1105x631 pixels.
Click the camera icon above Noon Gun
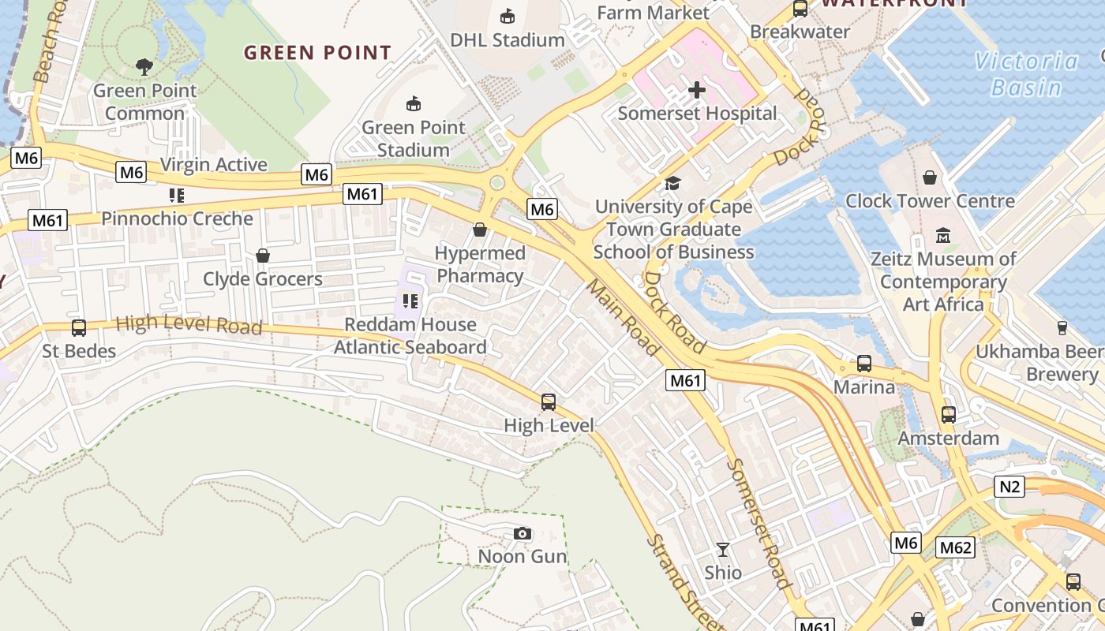pyautogui.click(x=522, y=534)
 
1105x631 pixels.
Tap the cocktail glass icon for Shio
pyautogui.click(x=723, y=550)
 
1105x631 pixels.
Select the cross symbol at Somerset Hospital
pyautogui.click(x=696, y=90)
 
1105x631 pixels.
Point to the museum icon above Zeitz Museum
pyautogui.click(x=943, y=236)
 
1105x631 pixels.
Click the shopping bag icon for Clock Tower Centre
pyautogui.click(x=930, y=177)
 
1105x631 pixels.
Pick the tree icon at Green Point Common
pyautogui.click(x=144, y=67)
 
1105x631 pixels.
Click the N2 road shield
pyautogui.click(x=1009, y=487)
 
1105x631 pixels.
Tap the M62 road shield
pyautogui.click(x=956, y=547)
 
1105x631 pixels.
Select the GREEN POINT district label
pyautogui.click(x=317, y=53)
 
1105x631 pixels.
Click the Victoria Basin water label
pyautogui.click(x=1026, y=73)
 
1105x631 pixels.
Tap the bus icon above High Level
pyautogui.click(x=549, y=402)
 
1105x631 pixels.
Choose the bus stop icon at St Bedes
pyautogui.click(x=79, y=328)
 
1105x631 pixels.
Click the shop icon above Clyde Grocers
pyautogui.click(x=263, y=256)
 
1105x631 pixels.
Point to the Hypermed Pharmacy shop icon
pyautogui.click(x=479, y=230)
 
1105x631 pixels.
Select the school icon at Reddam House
pyautogui.click(x=410, y=301)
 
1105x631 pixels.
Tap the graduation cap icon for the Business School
pyautogui.click(x=672, y=184)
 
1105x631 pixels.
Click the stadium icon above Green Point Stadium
pyautogui.click(x=413, y=103)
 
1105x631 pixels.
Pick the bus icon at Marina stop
pyautogui.click(x=864, y=364)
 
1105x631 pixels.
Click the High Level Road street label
pyautogui.click(x=189, y=324)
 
